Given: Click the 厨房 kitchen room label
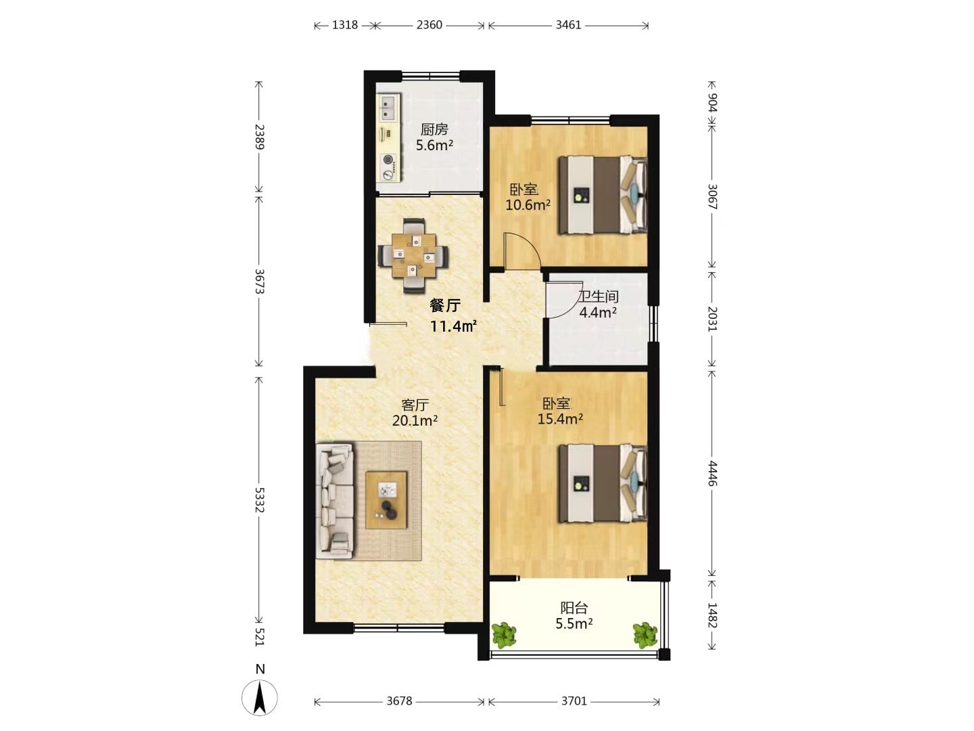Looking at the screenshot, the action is (x=434, y=129).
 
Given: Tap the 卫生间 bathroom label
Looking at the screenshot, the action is (x=598, y=296).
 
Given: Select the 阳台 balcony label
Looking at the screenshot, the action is (x=574, y=608).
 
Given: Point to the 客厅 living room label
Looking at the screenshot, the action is (x=415, y=405).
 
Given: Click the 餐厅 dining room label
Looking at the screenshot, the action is (x=444, y=305).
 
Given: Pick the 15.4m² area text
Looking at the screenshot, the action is (x=560, y=418).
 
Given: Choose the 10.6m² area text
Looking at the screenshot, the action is (x=528, y=204).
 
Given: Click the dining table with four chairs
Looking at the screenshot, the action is (x=413, y=256).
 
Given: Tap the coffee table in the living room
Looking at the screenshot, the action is (x=386, y=500).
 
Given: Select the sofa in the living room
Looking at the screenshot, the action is (x=335, y=500).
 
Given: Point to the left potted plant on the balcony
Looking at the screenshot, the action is (x=504, y=634).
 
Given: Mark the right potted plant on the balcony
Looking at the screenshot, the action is (x=645, y=634).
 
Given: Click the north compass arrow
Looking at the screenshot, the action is (x=260, y=698).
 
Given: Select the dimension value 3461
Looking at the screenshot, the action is (x=568, y=25).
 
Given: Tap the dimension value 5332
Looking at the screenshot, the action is (x=260, y=500).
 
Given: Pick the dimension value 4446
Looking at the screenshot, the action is (x=712, y=474).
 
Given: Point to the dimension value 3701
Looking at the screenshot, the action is (x=574, y=701).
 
